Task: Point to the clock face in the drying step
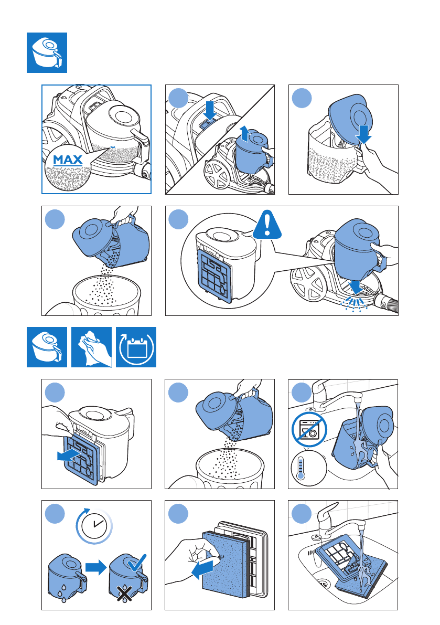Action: (95, 526)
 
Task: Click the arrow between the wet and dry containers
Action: (96, 566)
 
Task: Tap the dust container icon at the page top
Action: (47, 52)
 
